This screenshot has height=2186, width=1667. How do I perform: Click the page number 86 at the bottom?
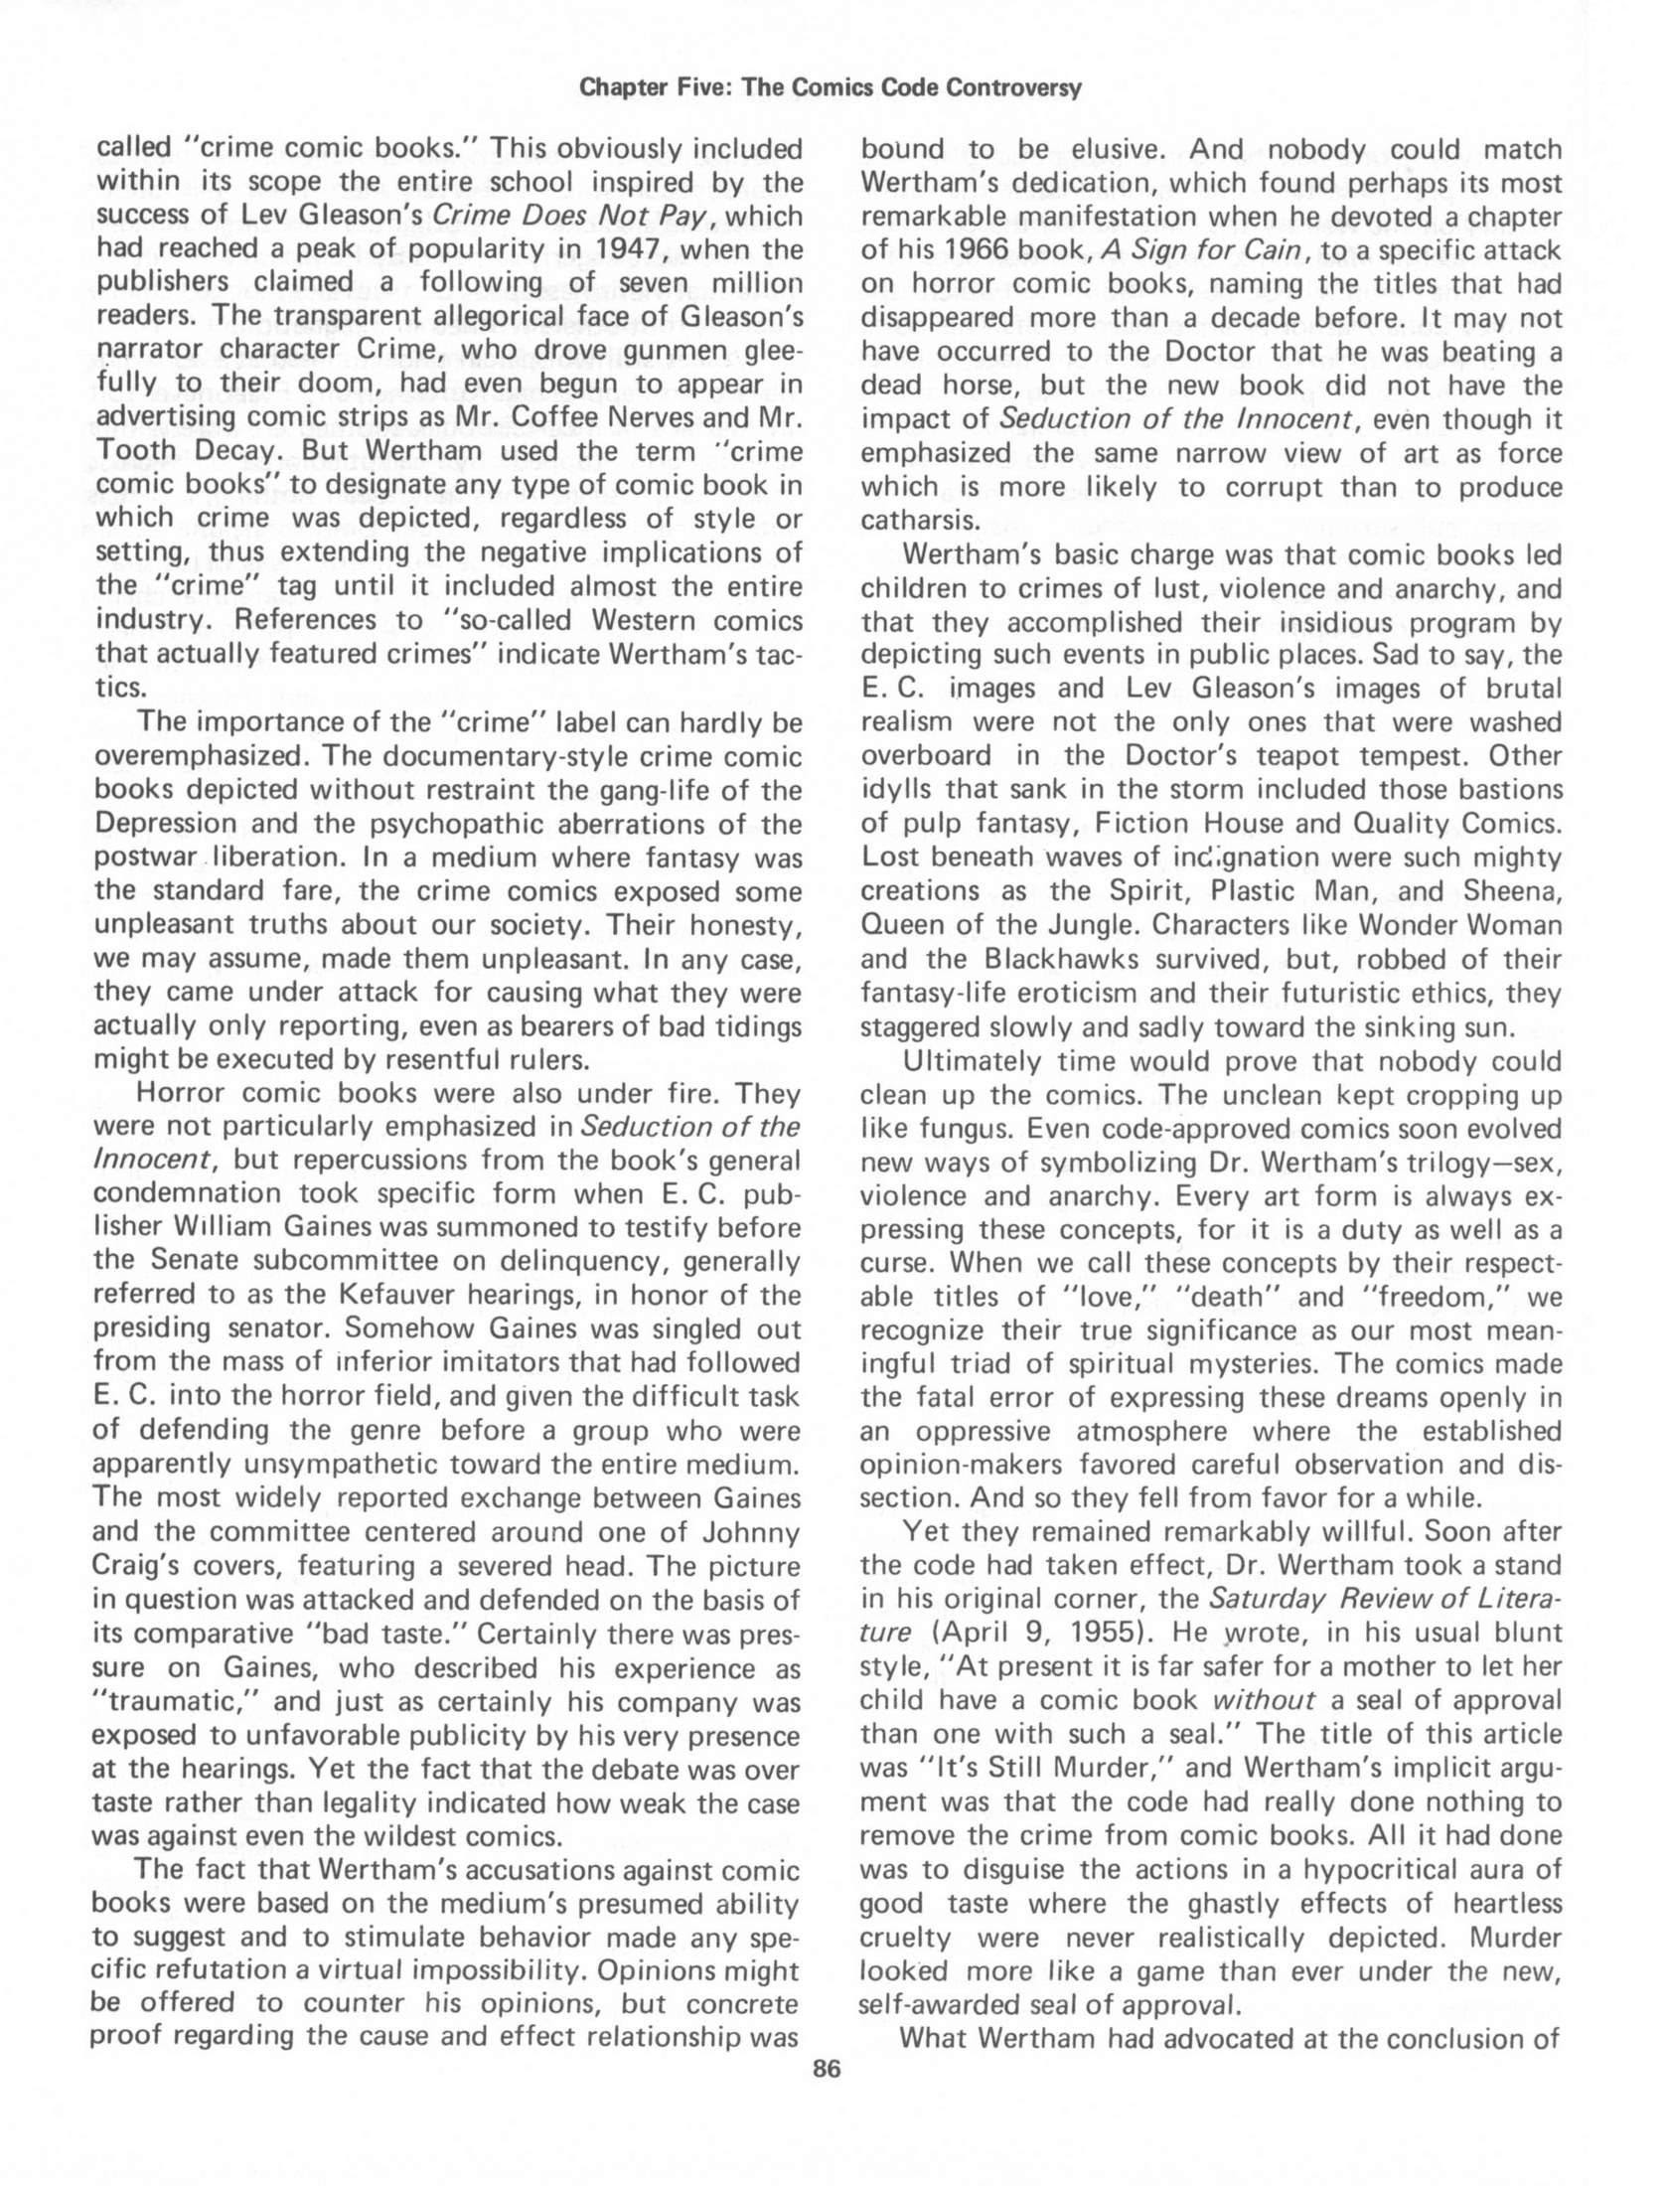pyautogui.click(x=827, y=2070)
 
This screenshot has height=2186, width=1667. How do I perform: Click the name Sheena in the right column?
pyautogui.click(x=1514, y=890)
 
